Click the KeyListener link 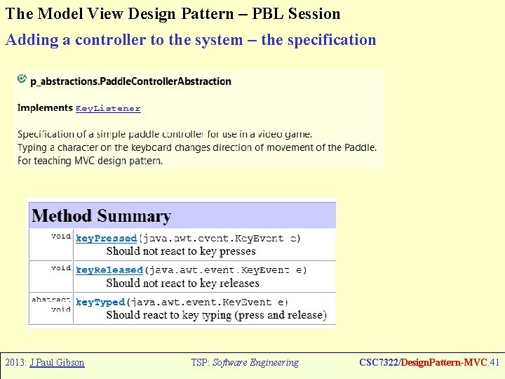108,109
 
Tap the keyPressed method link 106,239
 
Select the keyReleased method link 109,270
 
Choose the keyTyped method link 100,302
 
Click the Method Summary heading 102,216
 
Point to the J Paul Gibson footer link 57,363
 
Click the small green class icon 22,79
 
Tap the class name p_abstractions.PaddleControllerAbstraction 130,81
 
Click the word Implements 45,108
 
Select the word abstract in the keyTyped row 50,300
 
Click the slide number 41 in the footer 494,363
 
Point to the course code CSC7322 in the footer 379,363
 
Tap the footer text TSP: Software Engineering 245,363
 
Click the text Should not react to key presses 181,251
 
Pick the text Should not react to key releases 182,284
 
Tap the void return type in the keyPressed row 61,237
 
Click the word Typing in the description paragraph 32,147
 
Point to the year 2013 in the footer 15,363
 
